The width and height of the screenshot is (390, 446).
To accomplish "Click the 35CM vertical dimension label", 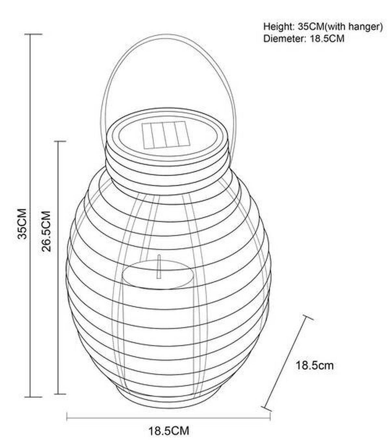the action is point(22,224).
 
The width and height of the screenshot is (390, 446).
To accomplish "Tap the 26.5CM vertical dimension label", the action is point(46,231).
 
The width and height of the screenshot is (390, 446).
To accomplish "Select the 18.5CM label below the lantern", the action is point(169,431).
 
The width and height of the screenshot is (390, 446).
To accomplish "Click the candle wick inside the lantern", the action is point(159,266).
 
